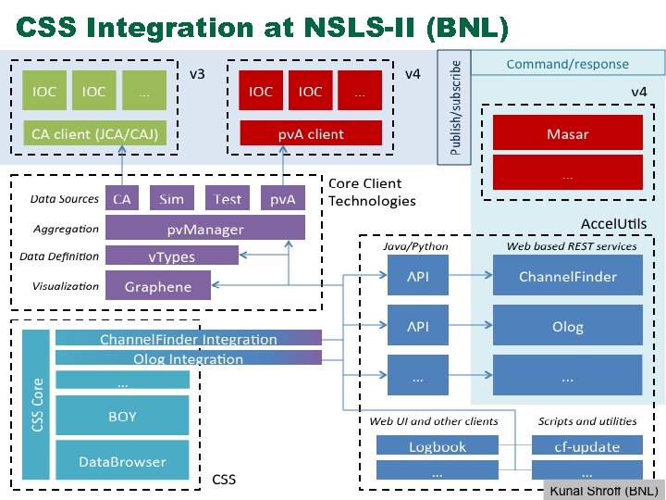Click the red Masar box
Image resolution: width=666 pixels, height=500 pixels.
567,133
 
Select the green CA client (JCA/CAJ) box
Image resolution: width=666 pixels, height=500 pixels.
94,133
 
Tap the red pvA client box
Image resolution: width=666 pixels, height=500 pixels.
311,133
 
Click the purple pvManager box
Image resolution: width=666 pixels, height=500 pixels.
204,229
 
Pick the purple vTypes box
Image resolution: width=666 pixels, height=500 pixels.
171,256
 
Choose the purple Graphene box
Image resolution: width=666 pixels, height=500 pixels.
157,286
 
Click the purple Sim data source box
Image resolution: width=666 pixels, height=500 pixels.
171,198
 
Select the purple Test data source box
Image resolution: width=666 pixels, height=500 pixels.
227,198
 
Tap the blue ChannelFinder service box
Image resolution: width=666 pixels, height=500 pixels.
567,276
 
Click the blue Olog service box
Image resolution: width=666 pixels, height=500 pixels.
567,326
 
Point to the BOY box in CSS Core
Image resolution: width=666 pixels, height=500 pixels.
122,416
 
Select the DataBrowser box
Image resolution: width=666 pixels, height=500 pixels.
122,460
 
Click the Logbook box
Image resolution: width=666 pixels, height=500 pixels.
438,446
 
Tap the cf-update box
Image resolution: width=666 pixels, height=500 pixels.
586,446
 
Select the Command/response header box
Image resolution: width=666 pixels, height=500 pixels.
567,64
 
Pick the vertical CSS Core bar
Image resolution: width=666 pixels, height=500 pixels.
36,405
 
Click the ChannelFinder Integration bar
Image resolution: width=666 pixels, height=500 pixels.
188,339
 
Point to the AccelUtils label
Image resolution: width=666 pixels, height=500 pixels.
613,224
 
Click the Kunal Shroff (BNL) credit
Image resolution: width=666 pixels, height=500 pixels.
603,490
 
